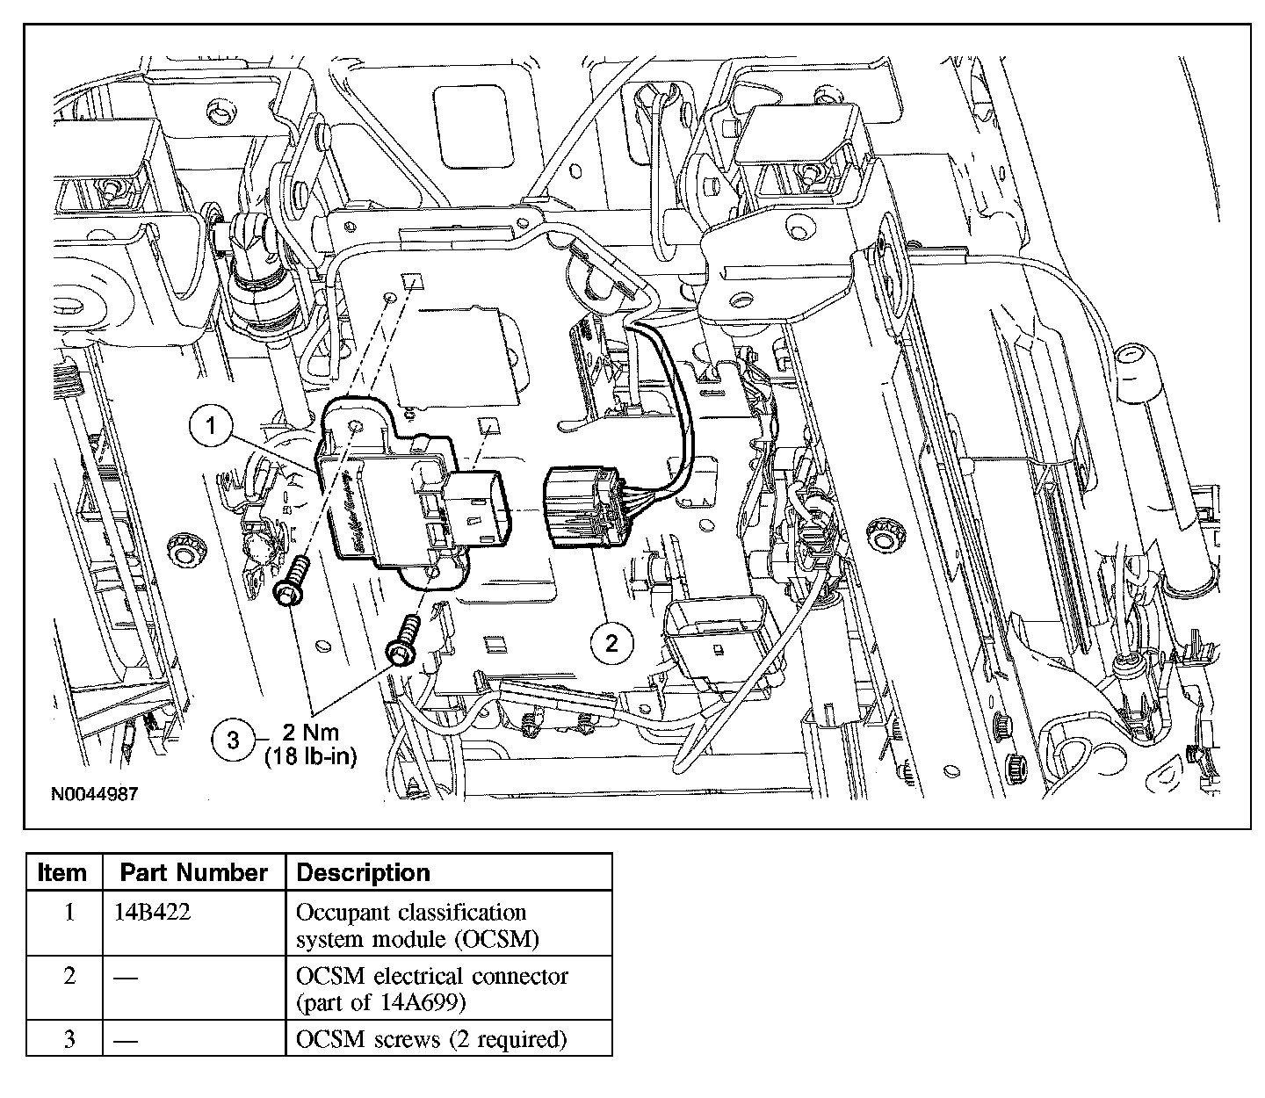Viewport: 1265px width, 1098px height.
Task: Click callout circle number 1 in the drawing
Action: [x=211, y=428]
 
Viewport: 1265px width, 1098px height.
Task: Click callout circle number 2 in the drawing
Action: [x=612, y=643]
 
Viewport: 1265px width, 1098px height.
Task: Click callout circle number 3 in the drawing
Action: [x=233, y=740]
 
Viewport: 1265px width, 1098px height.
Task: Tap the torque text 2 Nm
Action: [x=310, y=733]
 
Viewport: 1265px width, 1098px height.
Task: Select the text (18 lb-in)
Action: [x=311, y=757]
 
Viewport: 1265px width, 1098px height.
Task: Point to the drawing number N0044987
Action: [x=94, y=793]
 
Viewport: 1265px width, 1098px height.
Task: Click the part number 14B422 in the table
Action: [x=152, y=912]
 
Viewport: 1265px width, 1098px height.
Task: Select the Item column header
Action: [x=63, y=872]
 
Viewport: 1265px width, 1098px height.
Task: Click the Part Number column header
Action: [x=193, y=872]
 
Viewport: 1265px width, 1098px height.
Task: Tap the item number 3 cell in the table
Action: [x=69, y=1039]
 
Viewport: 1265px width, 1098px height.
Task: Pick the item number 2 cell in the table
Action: [x=69, y=976]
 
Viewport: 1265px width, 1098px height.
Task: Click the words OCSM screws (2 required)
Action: [x=431, y=1039]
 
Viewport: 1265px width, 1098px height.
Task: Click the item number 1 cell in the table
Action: [x=69, y=912]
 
